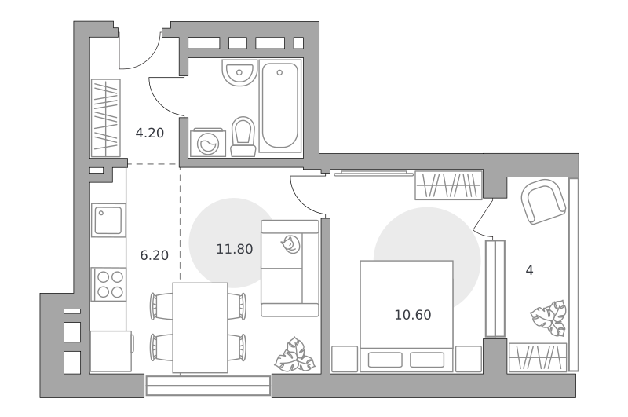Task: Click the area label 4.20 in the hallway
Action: tap(150, 133)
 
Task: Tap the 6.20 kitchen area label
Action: tap(154, 255)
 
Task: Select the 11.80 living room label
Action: tap(234, 249)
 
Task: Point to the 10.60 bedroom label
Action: tap(413, 315)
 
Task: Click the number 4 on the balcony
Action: tap(529, 270)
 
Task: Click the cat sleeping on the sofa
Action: tap(290, 244)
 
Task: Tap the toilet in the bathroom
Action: tap(243, 137)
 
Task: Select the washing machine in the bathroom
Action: tap(208, 143)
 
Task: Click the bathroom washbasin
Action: tap(239, 73)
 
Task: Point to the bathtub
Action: tap(280, 105)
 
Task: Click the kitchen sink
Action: tap(108, 220)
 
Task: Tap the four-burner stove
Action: tap(109, 284)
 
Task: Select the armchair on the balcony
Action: tap(543, 202)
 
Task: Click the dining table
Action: tap(200, 327)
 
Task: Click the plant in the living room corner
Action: tap(294, 354)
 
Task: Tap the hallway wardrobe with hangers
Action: tap(106, 118)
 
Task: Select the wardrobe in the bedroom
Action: tap(448, 185)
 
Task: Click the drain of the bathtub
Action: tap(279, 73)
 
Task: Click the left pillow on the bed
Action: tap(385, 360)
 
